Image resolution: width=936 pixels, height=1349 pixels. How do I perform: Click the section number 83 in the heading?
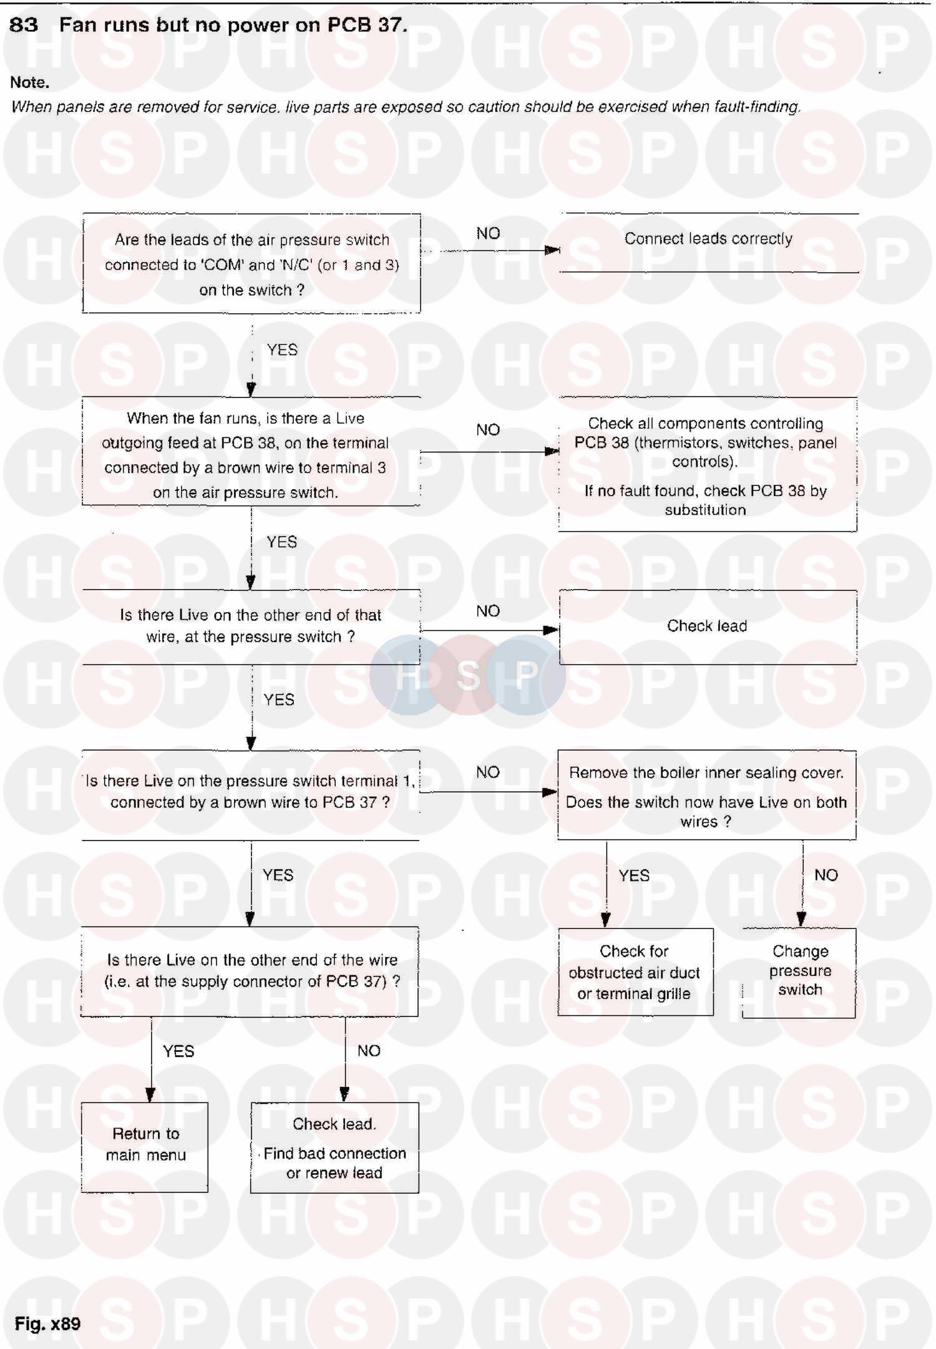pyautogui.click(x=24, y=25)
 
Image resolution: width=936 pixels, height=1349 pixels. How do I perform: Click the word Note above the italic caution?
pyautogui.click(x=29, y=82)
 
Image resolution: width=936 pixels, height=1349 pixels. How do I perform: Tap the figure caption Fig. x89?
pyautogui.click(x=47, y=1323)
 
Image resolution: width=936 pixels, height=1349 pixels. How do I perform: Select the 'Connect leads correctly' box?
pyautogui.click(x=708, y=242)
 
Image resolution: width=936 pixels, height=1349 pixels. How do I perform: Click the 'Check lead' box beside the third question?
pyautogui.click(x=707, y=626)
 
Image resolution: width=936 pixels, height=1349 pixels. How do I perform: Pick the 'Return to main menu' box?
pyautogui.click(x=145, y=1147)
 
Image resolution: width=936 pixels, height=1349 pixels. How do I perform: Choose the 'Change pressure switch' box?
pyautogui.click(x=799, y=972)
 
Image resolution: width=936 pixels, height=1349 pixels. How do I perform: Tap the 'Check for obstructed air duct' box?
pyautogui.click(x=635, y=972)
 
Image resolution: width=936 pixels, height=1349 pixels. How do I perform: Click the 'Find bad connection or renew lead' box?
pyautogui.click(x=334, y=1148)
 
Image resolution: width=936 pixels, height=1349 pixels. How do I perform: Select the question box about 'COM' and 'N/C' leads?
pyautogui.click(x=251, y=264)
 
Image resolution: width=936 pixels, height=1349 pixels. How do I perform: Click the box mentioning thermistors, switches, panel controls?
pyautogui.click(x=706, y=465)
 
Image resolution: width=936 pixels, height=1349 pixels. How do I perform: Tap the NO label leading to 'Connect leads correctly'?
pyautogui.click(x=488, y=233)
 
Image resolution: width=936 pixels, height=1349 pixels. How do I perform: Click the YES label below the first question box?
pyautogui.click(x=282, y=350)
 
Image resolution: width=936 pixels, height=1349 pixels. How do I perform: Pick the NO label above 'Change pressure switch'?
pyautogui.click(x=826, y=875)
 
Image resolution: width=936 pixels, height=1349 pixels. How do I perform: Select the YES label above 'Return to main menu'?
pyautogui.click(x=178, y=1051)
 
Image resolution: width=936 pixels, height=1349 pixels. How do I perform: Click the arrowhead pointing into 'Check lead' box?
pyautogui.click(x=551, y=630)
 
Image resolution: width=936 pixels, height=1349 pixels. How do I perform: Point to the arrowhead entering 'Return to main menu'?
pyautogui.click(x=150, y=1095)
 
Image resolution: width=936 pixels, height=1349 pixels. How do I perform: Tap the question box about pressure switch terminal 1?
pyautogui.click(x=250, y=792)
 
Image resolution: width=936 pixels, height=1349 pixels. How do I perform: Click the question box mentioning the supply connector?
pyautogui.click(x=250, y=971)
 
